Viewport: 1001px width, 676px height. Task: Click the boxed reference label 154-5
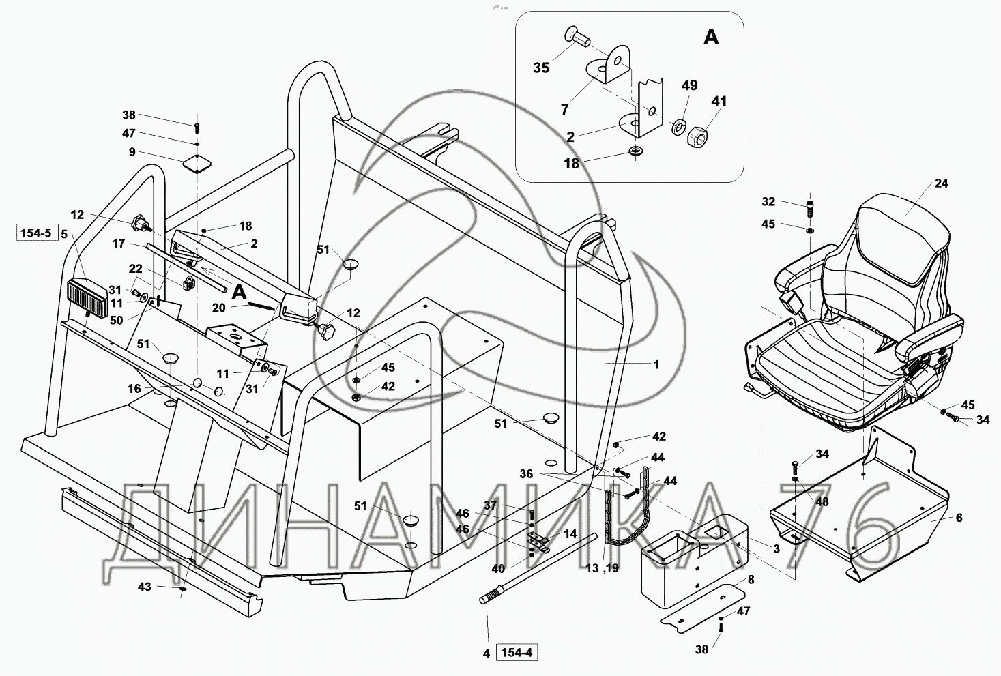point(37,233)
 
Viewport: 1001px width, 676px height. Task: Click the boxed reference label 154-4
point(517,652)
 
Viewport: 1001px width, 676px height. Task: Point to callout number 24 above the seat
point(941,183)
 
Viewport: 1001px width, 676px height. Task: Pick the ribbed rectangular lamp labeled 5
point(87,298)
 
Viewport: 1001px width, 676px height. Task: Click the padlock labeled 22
point(189,282)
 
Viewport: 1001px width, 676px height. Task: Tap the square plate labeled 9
point(197,164)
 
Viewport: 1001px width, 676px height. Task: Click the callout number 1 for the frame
point(656,364)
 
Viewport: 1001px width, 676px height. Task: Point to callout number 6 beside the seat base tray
point(959,518)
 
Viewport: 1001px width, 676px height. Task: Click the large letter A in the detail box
point(711,38)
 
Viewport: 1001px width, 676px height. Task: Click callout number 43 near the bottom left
point(145,587)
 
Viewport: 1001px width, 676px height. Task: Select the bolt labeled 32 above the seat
point(810,209)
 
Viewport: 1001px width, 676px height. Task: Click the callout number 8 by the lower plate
point(751,580)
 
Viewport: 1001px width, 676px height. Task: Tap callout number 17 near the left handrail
point(119,244)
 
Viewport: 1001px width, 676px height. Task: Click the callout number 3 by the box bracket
point(777,548)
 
